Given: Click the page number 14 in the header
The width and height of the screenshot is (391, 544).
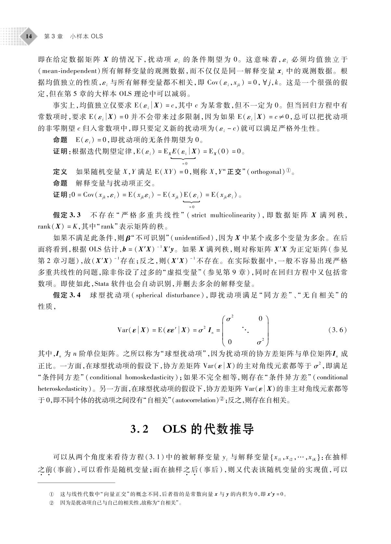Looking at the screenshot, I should pos(29,36).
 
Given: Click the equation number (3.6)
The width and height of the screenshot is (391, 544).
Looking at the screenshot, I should pos(338,330).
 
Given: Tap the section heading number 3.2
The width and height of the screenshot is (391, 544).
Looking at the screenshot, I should pos(139,429).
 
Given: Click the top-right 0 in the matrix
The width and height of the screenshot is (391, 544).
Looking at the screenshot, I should pos(260,319).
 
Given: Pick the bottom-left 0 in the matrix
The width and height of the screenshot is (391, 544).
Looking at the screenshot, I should pos(230,342).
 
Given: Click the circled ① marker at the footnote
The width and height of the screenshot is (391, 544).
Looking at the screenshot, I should pos(51,495).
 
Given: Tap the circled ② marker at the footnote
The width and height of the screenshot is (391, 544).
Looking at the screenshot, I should pos(51,503).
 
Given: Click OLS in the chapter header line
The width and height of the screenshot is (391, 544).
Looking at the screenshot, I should pos(97,36).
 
